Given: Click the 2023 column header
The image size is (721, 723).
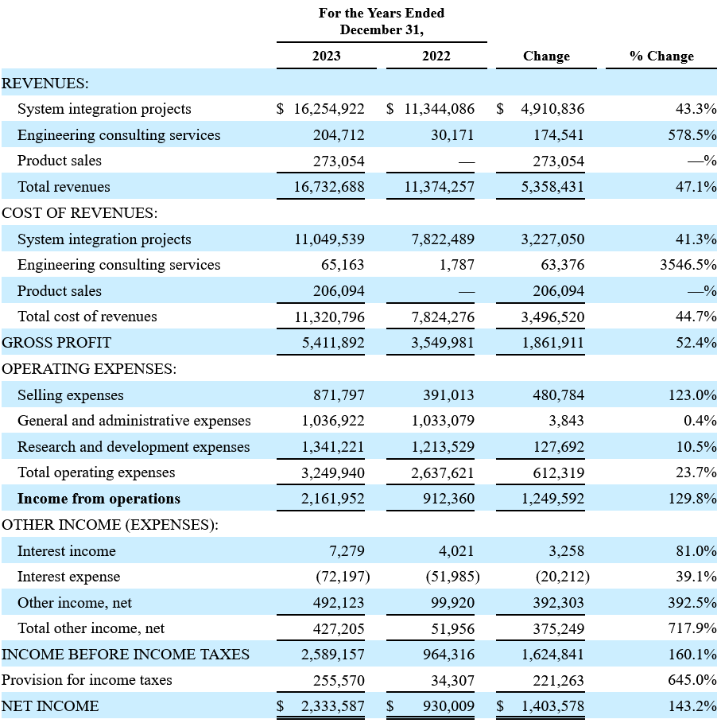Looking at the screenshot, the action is [326, 56].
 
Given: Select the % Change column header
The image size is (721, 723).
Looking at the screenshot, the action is [661, 56].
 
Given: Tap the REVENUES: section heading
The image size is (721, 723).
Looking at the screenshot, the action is [45, 83].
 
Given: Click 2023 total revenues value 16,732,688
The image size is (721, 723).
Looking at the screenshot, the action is [329, 187].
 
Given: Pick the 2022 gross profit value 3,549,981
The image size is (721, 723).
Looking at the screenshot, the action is [442, 343].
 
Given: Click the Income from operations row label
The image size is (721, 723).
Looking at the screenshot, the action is [99, 499].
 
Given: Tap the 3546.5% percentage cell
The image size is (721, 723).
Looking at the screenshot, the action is [688, 265].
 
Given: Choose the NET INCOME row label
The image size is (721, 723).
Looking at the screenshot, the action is [50, 706].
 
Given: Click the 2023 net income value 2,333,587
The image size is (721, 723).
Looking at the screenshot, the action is [332, 706].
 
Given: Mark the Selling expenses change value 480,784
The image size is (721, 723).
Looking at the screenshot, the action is [558, 395].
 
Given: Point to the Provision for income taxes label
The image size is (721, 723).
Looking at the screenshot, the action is [87, 680].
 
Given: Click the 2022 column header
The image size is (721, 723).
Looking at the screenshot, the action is [436, 56].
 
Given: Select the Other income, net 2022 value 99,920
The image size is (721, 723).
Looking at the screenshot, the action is [452, 603].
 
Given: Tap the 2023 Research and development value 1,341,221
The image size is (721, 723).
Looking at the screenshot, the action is [332, 447].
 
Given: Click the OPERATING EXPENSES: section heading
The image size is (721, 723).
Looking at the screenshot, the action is [89, 369].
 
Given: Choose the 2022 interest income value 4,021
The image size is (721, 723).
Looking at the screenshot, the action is [456, 551].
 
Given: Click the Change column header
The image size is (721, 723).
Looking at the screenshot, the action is [546, 56].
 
